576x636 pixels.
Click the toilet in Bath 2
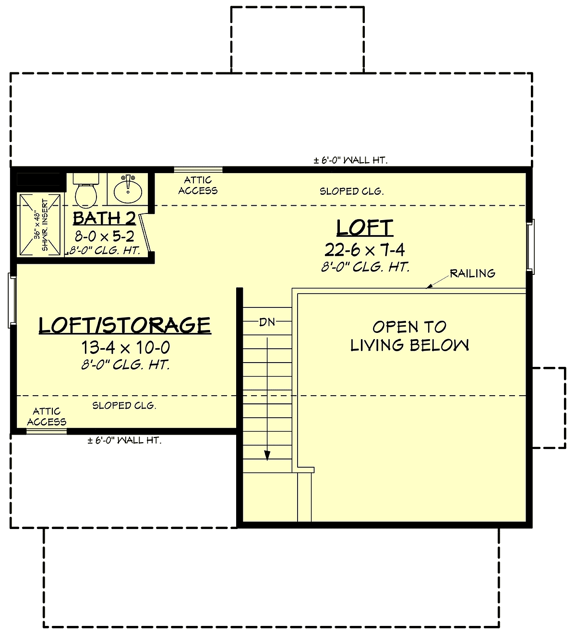86,190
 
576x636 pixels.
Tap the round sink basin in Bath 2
128,191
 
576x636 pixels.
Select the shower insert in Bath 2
40,225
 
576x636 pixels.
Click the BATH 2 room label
105,218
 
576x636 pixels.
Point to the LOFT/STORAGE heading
125,325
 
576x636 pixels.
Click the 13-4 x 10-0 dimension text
126,347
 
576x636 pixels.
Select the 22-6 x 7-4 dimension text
365,250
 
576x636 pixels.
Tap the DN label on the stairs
267,322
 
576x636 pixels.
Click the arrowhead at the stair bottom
267,456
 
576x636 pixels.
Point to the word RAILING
472,273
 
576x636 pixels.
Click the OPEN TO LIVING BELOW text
409,336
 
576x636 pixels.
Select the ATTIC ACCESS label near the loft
198,185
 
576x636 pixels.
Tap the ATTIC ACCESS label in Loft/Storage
47,416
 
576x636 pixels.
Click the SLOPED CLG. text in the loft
352,191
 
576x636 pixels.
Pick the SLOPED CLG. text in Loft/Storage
124,405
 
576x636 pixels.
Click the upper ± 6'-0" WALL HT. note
351,160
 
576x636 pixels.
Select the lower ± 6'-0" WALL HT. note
124,440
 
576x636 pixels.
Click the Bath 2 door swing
144,234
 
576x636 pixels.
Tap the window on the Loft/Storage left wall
12,301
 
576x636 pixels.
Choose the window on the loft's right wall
530,247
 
